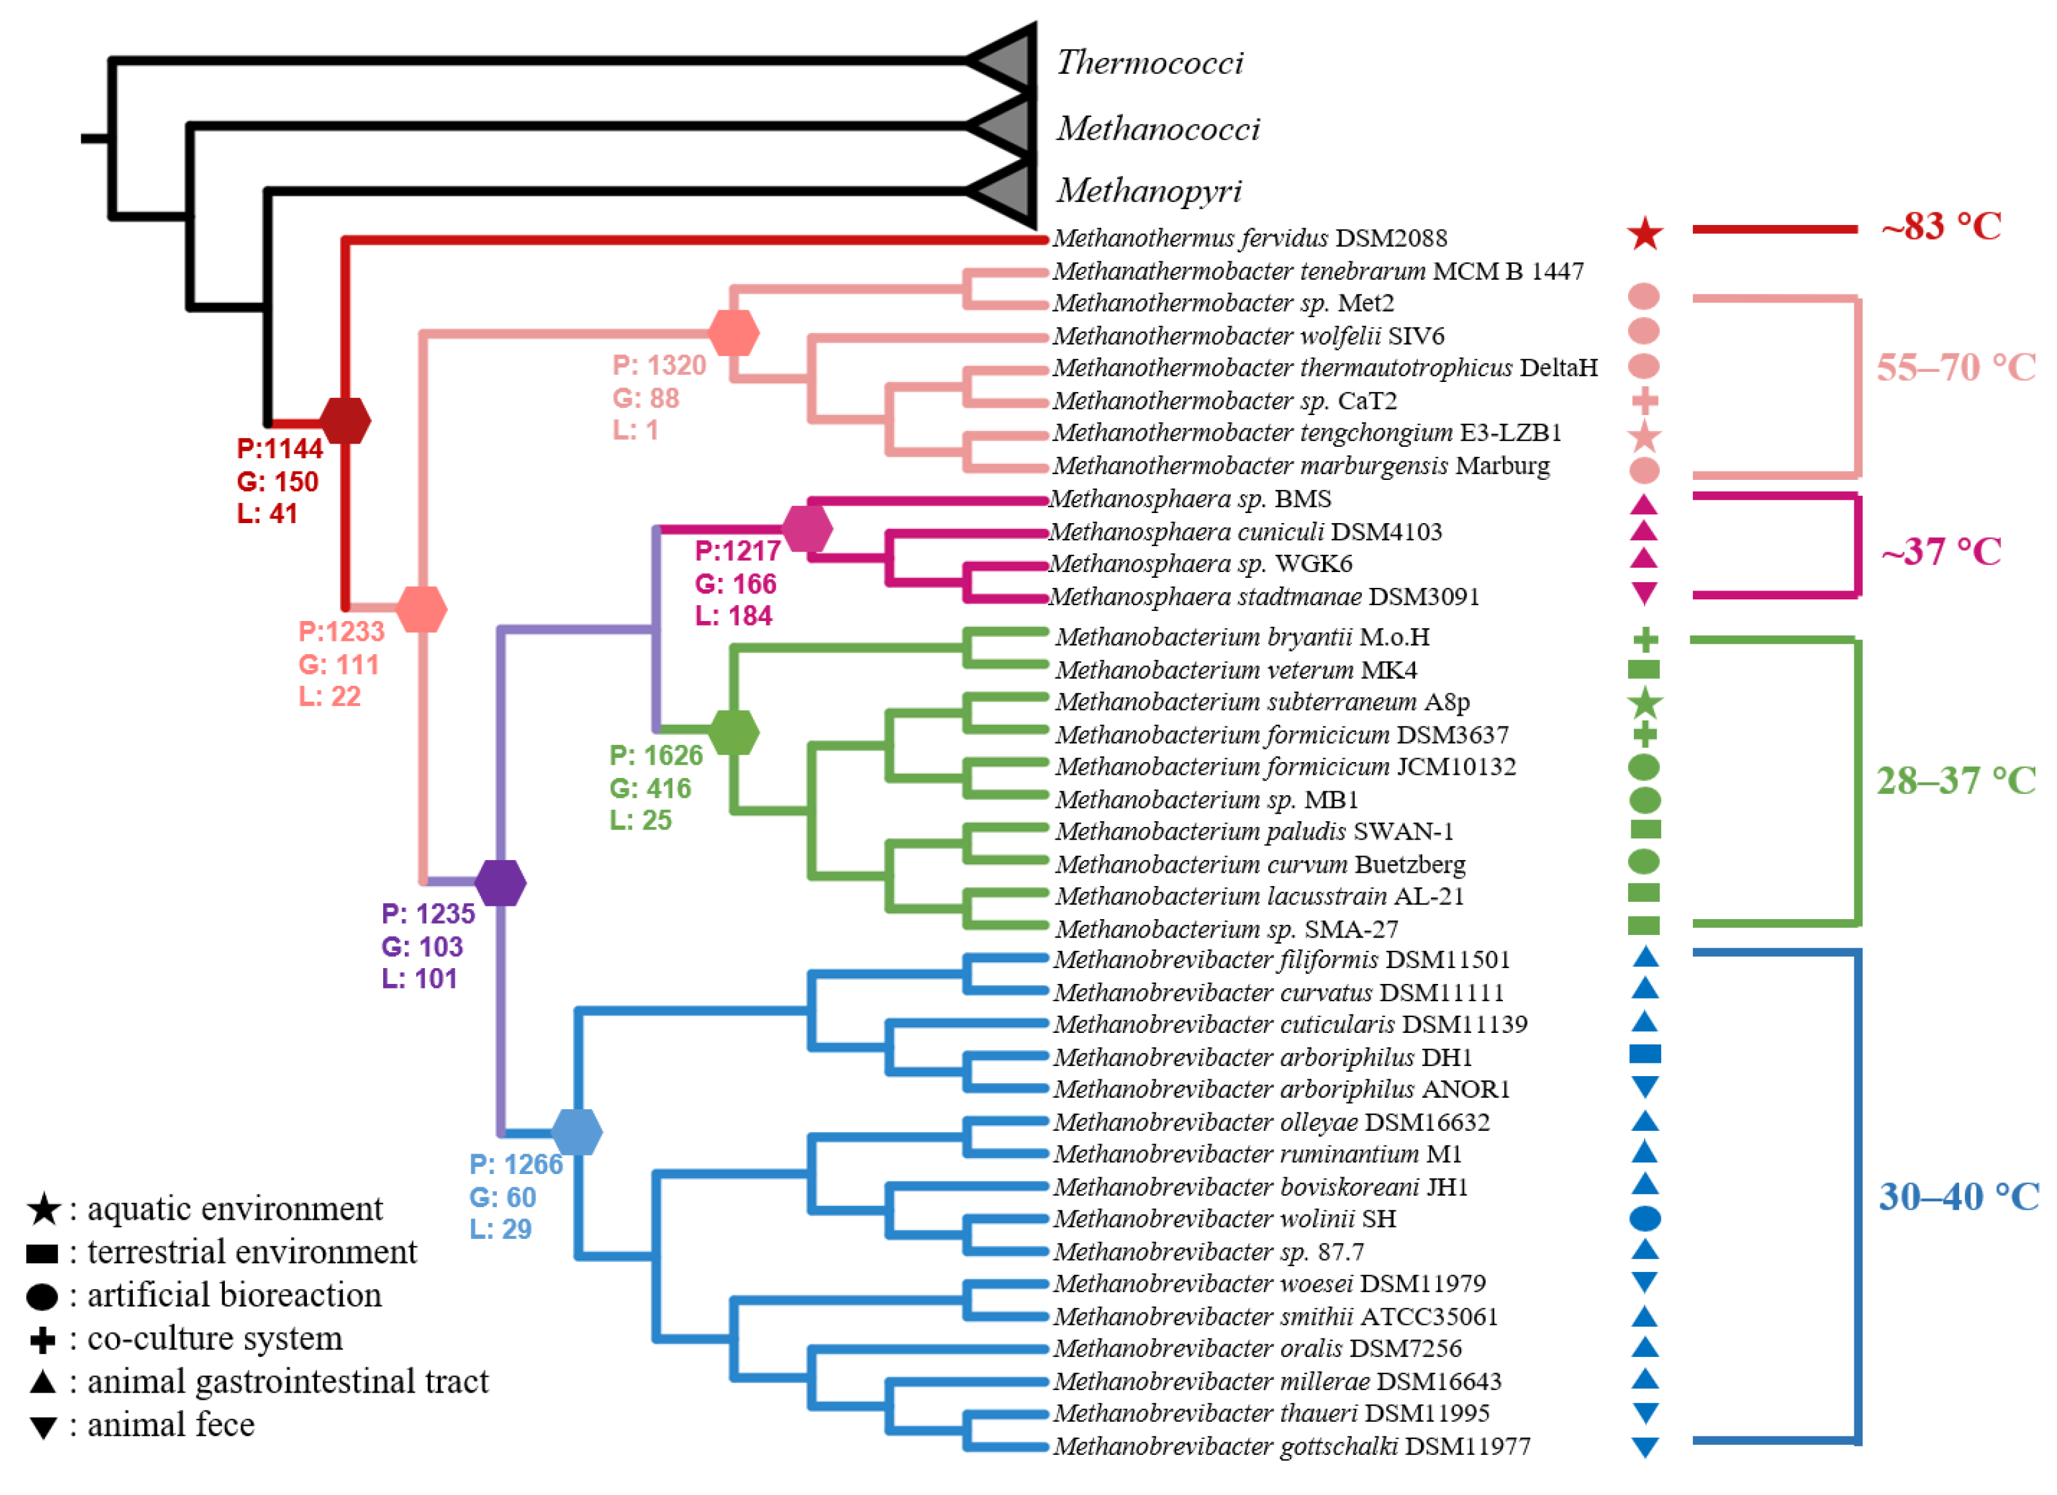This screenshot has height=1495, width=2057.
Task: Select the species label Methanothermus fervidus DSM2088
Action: [x=1249, y=238]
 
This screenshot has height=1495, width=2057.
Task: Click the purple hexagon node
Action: [x=499, y=883]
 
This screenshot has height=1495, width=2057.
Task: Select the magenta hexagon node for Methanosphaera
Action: [x=806, y=529]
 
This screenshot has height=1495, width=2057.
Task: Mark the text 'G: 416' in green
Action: [x=649, y=788]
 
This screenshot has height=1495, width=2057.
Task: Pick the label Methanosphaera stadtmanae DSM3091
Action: [x=1263, y=597]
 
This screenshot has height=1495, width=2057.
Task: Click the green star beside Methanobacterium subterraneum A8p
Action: [x=1645, y=703]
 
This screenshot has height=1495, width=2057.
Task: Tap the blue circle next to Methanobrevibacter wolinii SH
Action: [x=1645, y=1219]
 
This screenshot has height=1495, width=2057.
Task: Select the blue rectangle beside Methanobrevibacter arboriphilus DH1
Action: [x=1645, y=1054]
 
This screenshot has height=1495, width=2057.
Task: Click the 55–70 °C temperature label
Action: [x=1955, y=367]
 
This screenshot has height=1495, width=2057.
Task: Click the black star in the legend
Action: [x=43, y=1209]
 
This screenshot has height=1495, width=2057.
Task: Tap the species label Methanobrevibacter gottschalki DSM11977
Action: [x=1291, y=1446]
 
